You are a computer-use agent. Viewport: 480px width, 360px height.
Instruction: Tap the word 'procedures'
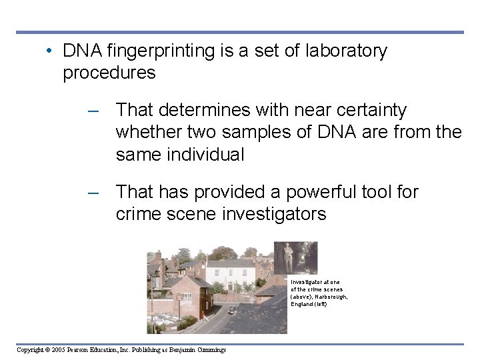click(x=109, y=73)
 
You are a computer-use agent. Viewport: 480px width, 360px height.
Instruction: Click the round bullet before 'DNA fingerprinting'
click(x=50, y=51)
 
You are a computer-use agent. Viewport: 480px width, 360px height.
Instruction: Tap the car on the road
click(x=231, y=310)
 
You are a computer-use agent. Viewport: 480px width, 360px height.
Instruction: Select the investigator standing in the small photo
click(x=289, y=257)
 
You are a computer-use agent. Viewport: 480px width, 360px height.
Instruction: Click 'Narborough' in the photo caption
click(x=330, y=297)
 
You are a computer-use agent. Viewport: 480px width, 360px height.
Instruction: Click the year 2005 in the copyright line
click(x=57, y=350)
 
